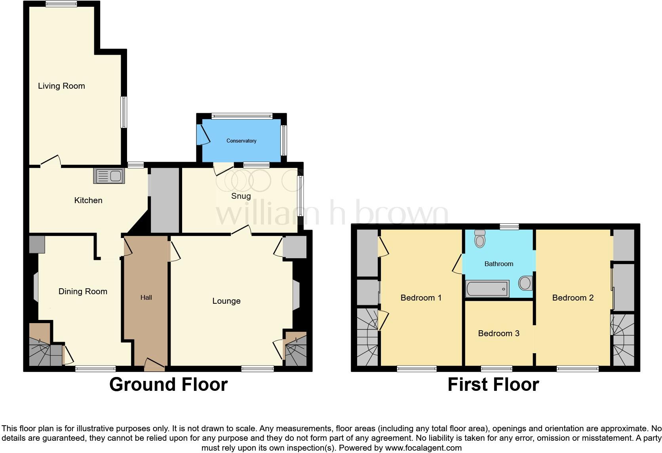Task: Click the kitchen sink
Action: click(x=109, y=176)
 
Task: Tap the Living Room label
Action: click(x=61, y=86)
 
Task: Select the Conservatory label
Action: click(x=241, y=141)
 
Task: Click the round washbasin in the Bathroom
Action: click(x=525, y=283)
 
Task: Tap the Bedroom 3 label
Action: click(x=498, y=333)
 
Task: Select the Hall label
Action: click(x=146, y=297)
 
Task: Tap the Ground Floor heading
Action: click(x=168, y=384)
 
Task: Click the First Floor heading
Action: click(x=493, y=384)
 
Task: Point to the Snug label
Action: click(x=241, y=196)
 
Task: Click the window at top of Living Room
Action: click(x=61, y=4)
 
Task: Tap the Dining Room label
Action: click(x=83, y=291)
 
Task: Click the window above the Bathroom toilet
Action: click(x=509, y=226)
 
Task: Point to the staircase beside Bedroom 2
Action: click(x=623, y=340)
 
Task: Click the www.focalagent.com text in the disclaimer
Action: click(x=423, y=448)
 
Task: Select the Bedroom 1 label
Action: click(x=421, y=298)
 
